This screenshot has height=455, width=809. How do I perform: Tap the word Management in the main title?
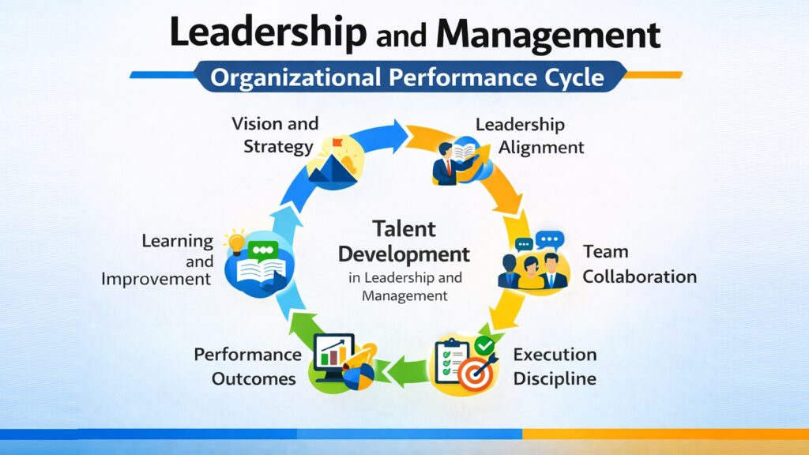click(547, 36)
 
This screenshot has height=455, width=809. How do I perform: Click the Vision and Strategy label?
click(275, 135)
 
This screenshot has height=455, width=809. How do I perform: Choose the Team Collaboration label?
click(639, 264)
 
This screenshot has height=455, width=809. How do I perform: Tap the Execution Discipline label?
click(555, 366)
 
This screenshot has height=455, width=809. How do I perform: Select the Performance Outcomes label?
click(247, 366)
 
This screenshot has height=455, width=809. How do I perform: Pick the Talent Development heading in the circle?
click(404, 243)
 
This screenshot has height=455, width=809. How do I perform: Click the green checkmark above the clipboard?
click(484, 346)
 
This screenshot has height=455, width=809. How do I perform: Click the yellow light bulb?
click(234, 241)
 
